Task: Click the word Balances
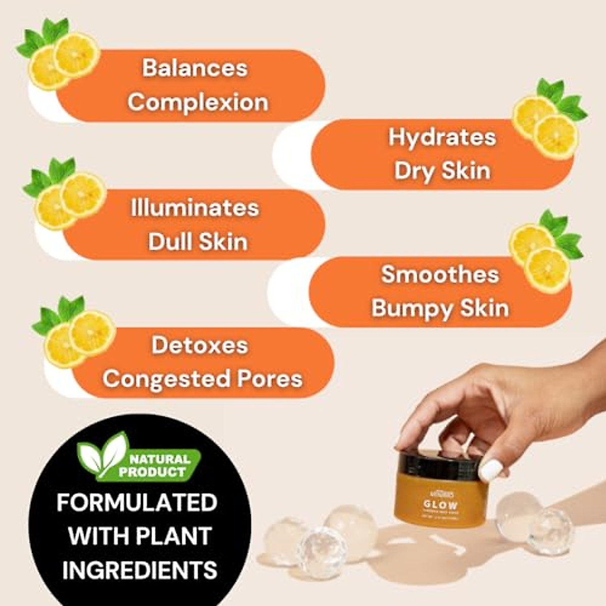coord(194,68)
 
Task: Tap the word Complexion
coord(198,103)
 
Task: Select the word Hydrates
coord(442,137)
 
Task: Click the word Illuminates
coord(194,208)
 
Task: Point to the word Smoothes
coord(440,275)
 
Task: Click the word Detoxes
coord(200,345)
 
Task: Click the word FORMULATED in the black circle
coord(137,502)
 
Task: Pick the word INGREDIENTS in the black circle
coord(139,570)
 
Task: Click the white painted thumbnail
coord(490,470)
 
